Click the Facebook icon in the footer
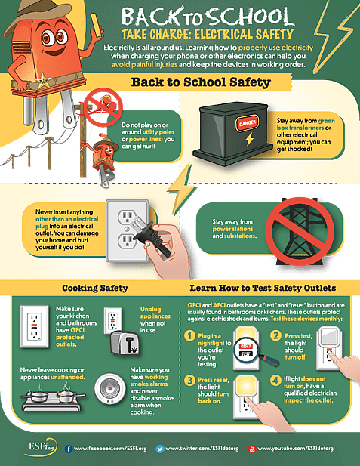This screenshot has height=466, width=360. point(69,448)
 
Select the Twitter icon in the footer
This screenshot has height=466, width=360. point(160,448)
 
